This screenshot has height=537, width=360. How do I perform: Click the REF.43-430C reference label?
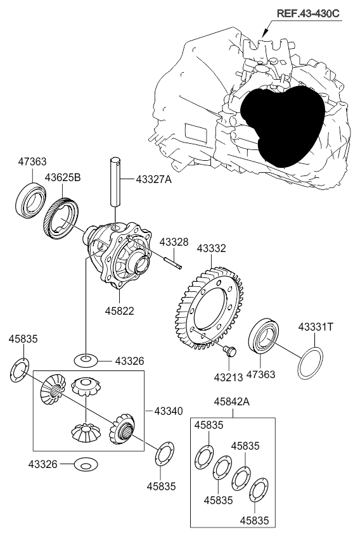tap(308, 13)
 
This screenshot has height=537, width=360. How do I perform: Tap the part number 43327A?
tap(153, 179)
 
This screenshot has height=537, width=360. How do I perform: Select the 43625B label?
tap(63, 178)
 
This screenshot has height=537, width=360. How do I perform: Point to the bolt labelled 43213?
tap(229, 351)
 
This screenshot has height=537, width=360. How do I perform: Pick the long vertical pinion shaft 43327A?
tap(115, 182)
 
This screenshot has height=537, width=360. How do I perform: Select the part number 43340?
tap(169, 410)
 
